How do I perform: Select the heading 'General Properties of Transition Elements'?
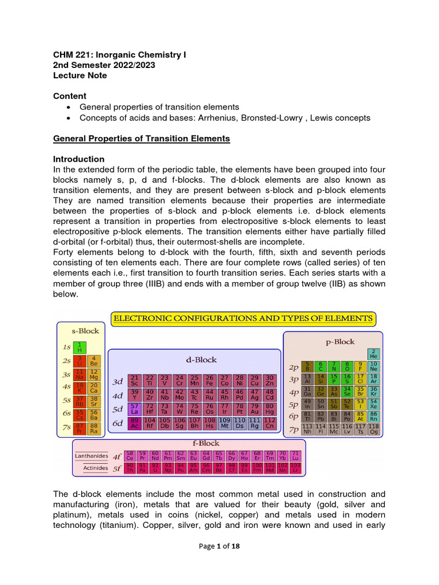(x=141, y=138)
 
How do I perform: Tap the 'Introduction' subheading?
(x=78, y=159)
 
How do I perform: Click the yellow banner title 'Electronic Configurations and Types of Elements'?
(x=242, y=318)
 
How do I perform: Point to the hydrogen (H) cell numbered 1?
(x=79, y=347)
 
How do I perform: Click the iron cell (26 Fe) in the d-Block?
(x=210, y=381)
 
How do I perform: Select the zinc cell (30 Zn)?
(x=270, y=381)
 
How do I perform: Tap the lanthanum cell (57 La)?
(x=134, y=409)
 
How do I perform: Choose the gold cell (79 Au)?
(x=255, y=409)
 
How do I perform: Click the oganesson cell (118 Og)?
(x=374, y=430)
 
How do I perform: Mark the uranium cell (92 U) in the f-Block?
(x=154, y=468)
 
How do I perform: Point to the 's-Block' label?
(x=85, y=331)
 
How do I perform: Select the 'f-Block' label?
(x=205, y=443)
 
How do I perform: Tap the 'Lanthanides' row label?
(x=91, y=456)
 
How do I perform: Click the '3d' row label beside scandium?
(x=118, y=382)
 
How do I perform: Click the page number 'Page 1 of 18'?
(x=219, y=546)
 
